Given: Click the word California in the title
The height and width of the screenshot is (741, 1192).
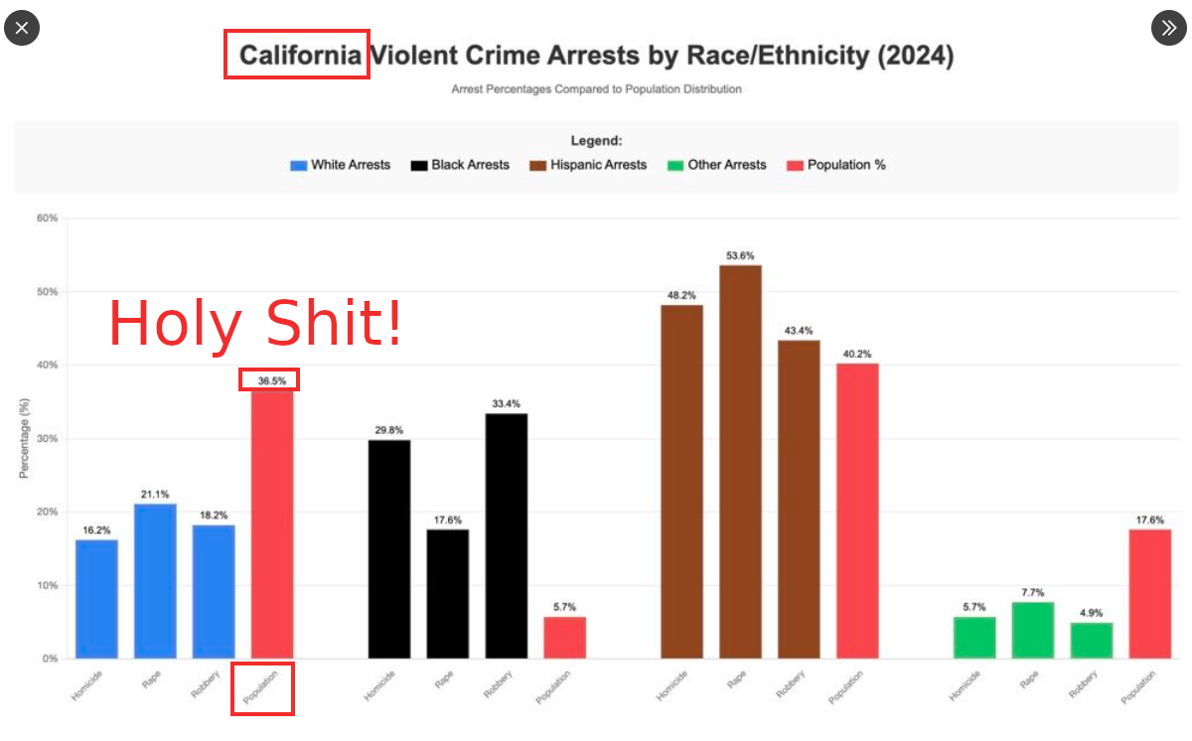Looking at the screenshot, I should pos(299,55).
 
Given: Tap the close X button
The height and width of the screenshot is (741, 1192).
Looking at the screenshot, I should pos(22,28).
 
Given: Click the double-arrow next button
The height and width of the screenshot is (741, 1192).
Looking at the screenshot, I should pos(1169,28).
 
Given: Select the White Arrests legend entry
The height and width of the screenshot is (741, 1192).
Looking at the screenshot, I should pos(340,165).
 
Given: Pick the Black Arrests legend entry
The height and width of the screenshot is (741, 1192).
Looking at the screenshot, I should pos(460,165).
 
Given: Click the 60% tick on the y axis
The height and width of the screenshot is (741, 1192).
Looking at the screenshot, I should pos(47,218).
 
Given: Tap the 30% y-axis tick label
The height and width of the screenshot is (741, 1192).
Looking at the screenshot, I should pos(47,438).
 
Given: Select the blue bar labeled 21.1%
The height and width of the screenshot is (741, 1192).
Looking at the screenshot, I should pos(155,580).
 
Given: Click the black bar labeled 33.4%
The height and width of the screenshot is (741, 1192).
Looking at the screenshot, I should pos(507,535).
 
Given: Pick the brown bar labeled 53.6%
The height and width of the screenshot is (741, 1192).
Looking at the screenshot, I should pos(740,461).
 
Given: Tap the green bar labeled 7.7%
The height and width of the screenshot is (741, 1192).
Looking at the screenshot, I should pos(1033,630).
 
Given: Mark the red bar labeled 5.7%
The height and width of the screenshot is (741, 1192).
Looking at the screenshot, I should pos(565,637).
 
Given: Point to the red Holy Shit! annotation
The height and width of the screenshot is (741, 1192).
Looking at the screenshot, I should pos(255,323).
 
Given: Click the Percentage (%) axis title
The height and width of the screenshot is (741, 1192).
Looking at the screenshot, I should pos(24,438).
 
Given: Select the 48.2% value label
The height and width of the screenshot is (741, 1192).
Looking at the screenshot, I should pos(681,295).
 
